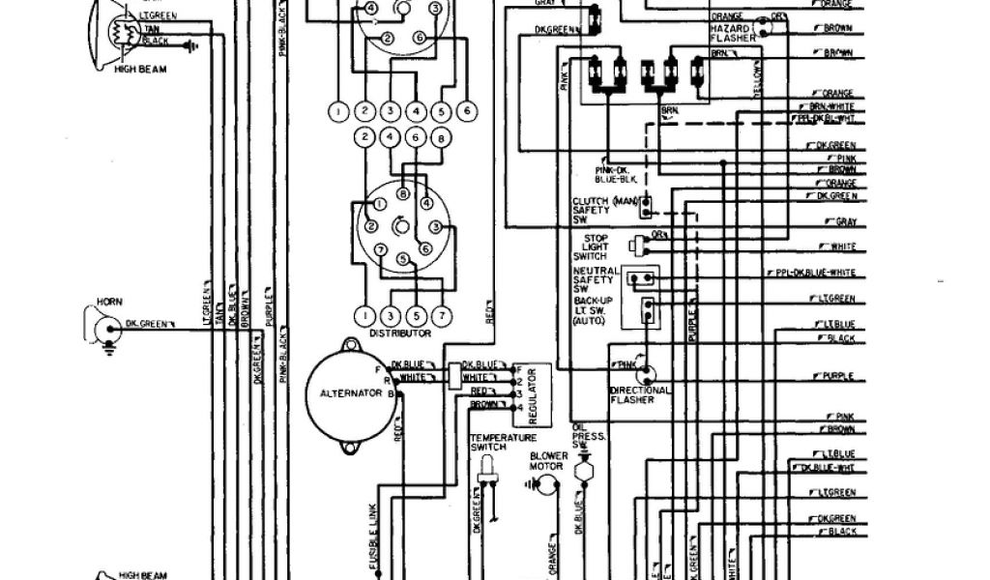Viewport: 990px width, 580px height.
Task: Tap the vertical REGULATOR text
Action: [532, 397]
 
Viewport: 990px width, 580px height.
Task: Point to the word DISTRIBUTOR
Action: [399, 333]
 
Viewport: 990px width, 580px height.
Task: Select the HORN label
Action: [109, 303]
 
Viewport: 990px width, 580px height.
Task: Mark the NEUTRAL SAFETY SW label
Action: [594, 281]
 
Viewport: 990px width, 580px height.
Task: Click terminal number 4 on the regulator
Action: [519, 406]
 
